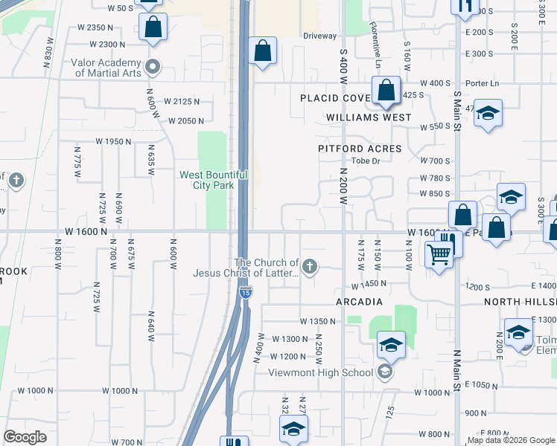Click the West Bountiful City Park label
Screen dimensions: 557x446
(x=214, y=179)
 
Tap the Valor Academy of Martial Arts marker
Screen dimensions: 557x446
(x=154, y=68)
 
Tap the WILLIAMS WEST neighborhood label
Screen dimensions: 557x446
(x=369, y=117)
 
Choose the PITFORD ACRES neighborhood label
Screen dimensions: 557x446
(x=360, y=149)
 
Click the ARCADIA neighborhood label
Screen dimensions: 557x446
(x=359, y=302)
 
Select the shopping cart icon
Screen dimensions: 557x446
(x=439, y=254)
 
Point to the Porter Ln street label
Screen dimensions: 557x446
(x=483, y=83)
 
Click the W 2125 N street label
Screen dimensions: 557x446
(x=183, y=101)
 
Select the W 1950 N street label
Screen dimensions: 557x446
(x=114, y=141)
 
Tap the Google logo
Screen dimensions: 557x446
(x=25, y=437)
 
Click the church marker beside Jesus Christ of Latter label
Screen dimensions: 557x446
(x=311, y=265)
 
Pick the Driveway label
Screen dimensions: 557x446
(x=320, y=36)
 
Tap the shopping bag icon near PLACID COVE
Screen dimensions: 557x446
(x=386, y=91)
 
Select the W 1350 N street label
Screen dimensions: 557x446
(x=319, y=321)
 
